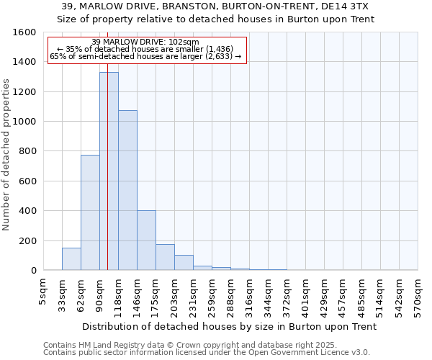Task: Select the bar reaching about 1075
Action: pyautogui.click(x=127, y=190)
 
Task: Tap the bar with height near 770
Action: pyautogui.click(x=90, y=212)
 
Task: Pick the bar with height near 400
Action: pyautogui.click(x=146, y=240)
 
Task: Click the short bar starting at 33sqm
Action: pyautogui.click(x=71, y=259)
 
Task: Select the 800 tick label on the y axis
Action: pyautogui.click(x=27, y=151)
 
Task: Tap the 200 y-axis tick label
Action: pyautogui.click(x=27, y=240)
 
